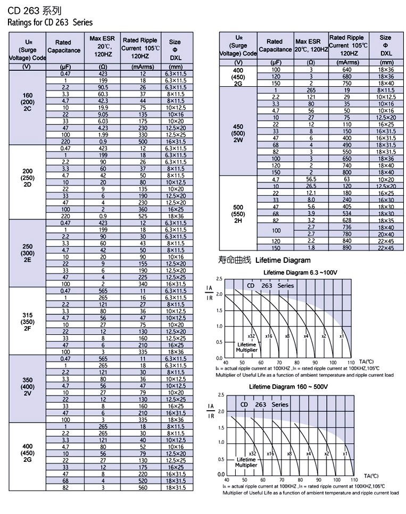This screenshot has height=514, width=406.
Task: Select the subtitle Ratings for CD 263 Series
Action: tap(49, 22)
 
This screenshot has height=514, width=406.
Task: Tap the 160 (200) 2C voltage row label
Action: tap(28, 101)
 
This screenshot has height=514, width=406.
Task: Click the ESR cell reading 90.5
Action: tap(103, 87)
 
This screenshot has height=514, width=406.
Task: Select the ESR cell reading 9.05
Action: tap(103, 114)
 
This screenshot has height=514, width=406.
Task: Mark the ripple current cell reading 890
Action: tap(347, 248)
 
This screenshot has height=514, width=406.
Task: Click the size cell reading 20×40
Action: tap(386, 234)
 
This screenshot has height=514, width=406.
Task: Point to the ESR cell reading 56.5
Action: tap(311, 179)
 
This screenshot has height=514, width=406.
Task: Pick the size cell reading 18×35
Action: tap(386, 220)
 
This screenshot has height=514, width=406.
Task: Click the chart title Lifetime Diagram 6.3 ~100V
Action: tap(301, 272)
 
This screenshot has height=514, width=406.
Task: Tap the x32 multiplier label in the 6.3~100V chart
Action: tap(252, 336)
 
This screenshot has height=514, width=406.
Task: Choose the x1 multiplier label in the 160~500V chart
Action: tap(345, 454)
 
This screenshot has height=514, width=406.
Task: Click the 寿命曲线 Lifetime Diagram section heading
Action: tap(264, 260)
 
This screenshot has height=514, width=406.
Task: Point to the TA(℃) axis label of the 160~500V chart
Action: tap(371, 475)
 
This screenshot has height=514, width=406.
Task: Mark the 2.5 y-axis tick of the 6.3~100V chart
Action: tap(219, 279)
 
